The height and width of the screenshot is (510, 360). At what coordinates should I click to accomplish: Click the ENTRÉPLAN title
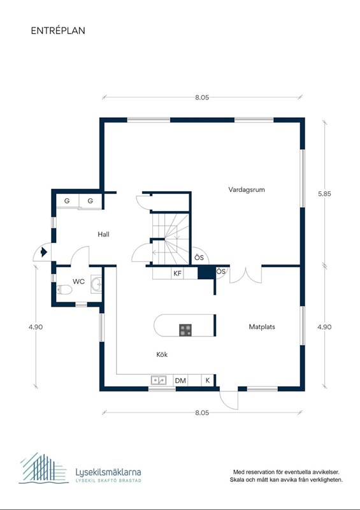pyautogui.click(x=58, y=31)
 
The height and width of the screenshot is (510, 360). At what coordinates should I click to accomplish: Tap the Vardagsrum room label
pyautogui.click(x=247, y=189)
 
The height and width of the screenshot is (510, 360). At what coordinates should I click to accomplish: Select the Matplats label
pyautogui.click(x=262, y=327)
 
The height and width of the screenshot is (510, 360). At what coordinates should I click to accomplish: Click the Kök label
pyautogui.click(x=162, y=354)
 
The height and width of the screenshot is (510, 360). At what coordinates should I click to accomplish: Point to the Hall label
pyautogui.click(x=103, y=234)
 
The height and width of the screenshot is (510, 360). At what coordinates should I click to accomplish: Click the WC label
pyautogui.click(x=79, y=282)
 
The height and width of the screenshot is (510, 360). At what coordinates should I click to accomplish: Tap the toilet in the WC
pyautogui.click(x=64, y=289)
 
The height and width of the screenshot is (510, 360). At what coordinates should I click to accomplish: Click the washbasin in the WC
pyautogui.click(x=96, y=284)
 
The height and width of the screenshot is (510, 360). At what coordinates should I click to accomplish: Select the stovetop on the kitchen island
pyautogui.click(x=185, y=330)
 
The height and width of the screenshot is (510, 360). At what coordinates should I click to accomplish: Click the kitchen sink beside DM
pyautogui.click(x=159, y=380)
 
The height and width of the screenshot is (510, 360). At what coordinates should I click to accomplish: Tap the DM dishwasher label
pyautogui.click(x=180, y=380)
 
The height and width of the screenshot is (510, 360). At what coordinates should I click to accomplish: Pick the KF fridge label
pyautogui.click(x=177, y=273)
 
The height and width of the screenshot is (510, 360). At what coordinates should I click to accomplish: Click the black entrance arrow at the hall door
pyautogui.click(x=44, y=252)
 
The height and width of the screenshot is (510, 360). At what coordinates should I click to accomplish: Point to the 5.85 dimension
pyautogui.click(x=324, y=194)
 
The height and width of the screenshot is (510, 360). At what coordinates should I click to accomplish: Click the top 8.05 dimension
pyautogui.click(x=202, y=98)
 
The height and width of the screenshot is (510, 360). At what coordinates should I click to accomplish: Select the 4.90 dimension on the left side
pyautogui.click(x=36, y=327)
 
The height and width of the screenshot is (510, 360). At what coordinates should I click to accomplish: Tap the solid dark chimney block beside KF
pyautogui.click(x=206, y=273)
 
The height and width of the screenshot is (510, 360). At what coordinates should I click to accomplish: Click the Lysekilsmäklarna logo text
pyautogui.click(x=108, y=472)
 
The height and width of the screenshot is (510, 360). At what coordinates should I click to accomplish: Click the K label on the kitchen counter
pyautogui.click(x=208, y=380)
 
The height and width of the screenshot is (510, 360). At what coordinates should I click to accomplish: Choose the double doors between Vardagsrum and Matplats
pyautogui.click(x=246, y=275)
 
